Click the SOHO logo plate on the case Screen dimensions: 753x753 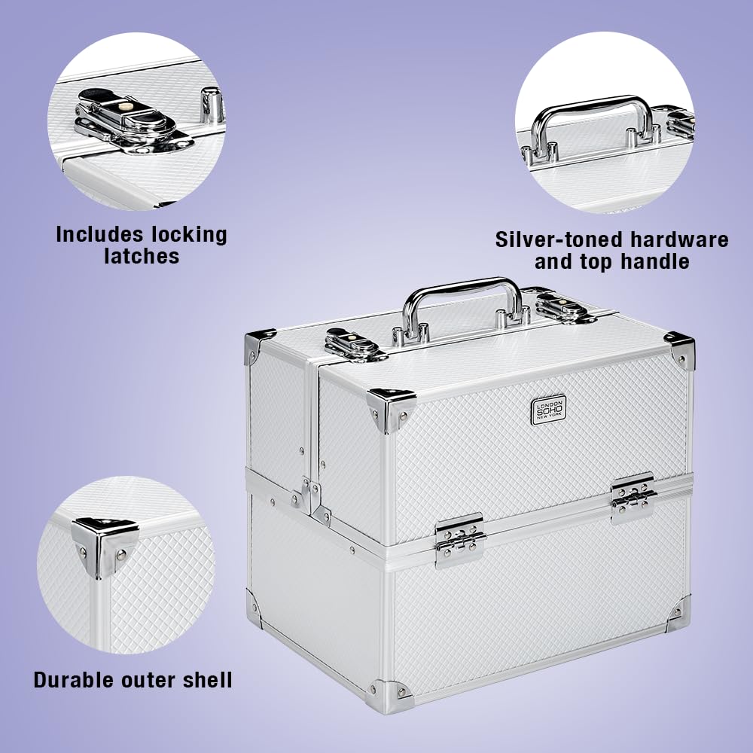(548, 410)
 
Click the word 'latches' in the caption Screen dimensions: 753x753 (142, 256)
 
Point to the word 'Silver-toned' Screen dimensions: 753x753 (560, 239)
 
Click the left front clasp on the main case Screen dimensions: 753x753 (459, 540)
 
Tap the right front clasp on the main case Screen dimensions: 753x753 (633, 498)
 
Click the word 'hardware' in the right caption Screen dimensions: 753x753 (679, 239)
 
